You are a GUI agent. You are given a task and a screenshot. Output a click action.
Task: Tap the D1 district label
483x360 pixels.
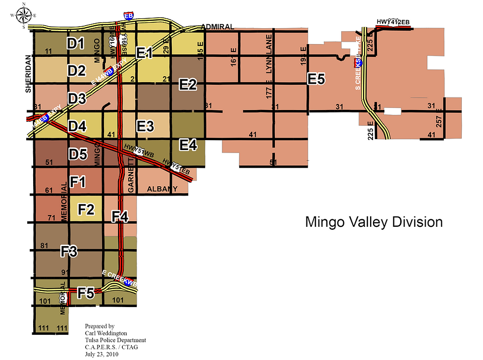[76, 44]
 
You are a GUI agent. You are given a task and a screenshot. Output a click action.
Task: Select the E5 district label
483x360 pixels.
[316, 78]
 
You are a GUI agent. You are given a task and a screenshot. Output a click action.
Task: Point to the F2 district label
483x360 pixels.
[86, 209]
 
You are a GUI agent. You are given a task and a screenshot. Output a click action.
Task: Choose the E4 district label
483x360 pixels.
[188, 145]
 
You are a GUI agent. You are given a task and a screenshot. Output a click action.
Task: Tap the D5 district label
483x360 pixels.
[78, 154]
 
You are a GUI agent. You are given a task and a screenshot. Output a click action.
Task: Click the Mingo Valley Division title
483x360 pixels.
[374, 222]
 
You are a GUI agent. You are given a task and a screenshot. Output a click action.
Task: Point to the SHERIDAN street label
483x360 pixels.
[28, 74]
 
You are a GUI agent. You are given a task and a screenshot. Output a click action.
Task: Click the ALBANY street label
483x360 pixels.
[162, 189]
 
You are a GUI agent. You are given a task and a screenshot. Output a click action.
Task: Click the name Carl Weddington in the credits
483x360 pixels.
[106, 333]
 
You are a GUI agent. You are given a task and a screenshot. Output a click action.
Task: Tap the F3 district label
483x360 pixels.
[69, 252]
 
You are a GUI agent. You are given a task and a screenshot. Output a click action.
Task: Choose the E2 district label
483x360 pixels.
[188, 85]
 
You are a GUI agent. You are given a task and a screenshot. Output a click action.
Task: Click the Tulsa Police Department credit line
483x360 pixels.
[115, 340]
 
